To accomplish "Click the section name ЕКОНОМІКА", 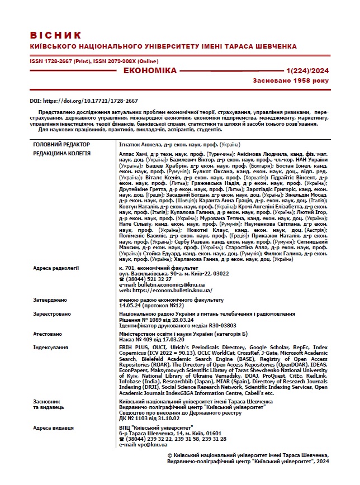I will click(149, 71).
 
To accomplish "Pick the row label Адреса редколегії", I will click(56, 268).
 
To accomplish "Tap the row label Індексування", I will click(51, 347).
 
